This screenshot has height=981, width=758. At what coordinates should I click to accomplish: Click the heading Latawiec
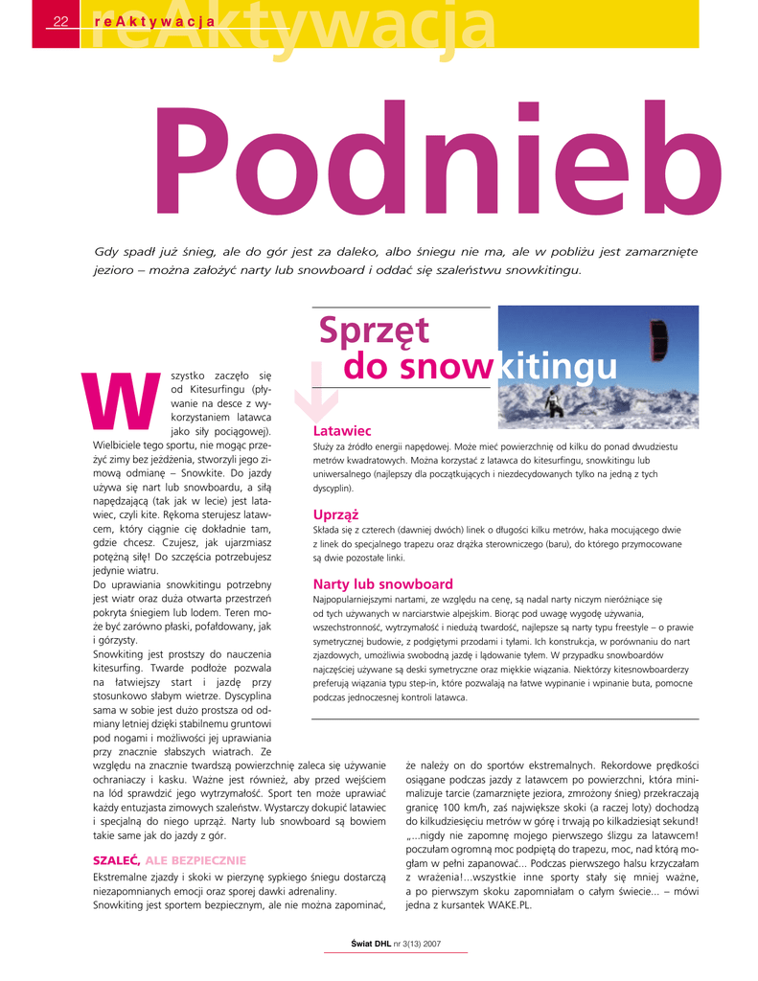(x=342, y=432)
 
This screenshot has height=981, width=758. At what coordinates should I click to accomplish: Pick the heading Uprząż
(x=335, y=514)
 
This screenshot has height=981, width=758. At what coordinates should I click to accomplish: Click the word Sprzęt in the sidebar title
(x=374, y=331)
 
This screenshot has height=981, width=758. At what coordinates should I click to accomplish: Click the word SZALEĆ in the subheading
(x=117, y=859)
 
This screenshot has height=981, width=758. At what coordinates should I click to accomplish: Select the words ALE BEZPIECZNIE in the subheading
(x=195, y=859)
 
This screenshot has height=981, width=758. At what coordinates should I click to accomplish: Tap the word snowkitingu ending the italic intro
(x=535, y=270)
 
